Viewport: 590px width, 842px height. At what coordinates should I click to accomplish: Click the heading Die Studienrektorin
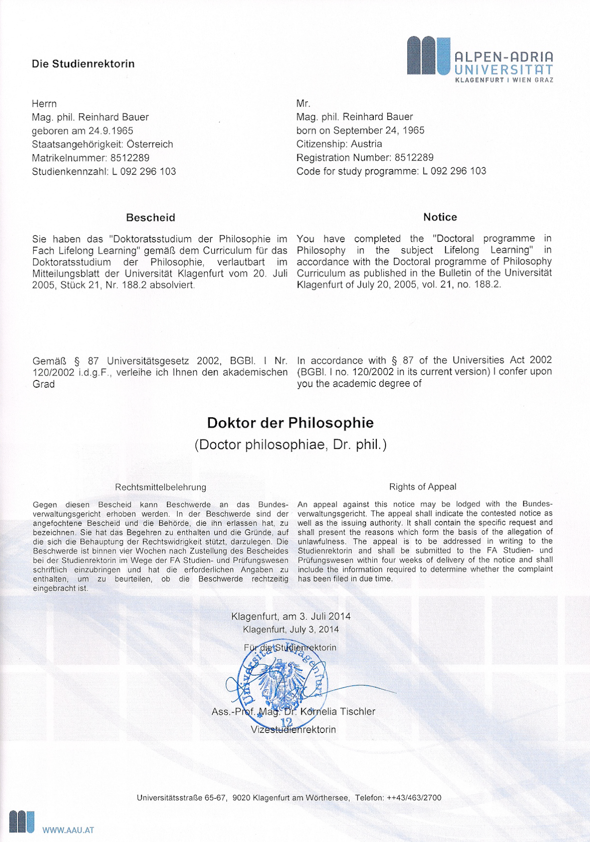coord(83,64)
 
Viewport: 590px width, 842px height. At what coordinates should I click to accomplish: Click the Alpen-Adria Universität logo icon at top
coord(428,56)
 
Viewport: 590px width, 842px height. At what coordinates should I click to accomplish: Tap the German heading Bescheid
coord(150,217)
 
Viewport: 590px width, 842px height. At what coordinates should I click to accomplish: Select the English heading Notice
coord(440,217)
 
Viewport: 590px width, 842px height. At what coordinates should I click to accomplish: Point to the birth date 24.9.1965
coord(111,131)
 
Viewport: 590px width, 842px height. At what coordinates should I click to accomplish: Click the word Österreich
coord(150,144)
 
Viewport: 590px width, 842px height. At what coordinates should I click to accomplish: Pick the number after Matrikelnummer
coord(130,158)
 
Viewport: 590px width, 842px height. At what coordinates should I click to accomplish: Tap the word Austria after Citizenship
coord(367,144)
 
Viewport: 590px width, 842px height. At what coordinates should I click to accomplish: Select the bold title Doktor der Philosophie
coord(290,423)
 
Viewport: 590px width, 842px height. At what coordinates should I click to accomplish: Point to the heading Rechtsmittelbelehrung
coord(161,487)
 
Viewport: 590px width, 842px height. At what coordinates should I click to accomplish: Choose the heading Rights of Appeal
coord(423,486)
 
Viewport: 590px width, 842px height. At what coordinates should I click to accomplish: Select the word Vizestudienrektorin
coord(293,729)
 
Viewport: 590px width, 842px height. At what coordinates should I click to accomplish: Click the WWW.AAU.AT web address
coord(68,830)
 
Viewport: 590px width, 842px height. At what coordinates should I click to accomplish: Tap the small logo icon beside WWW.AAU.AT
coord(22,822)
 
